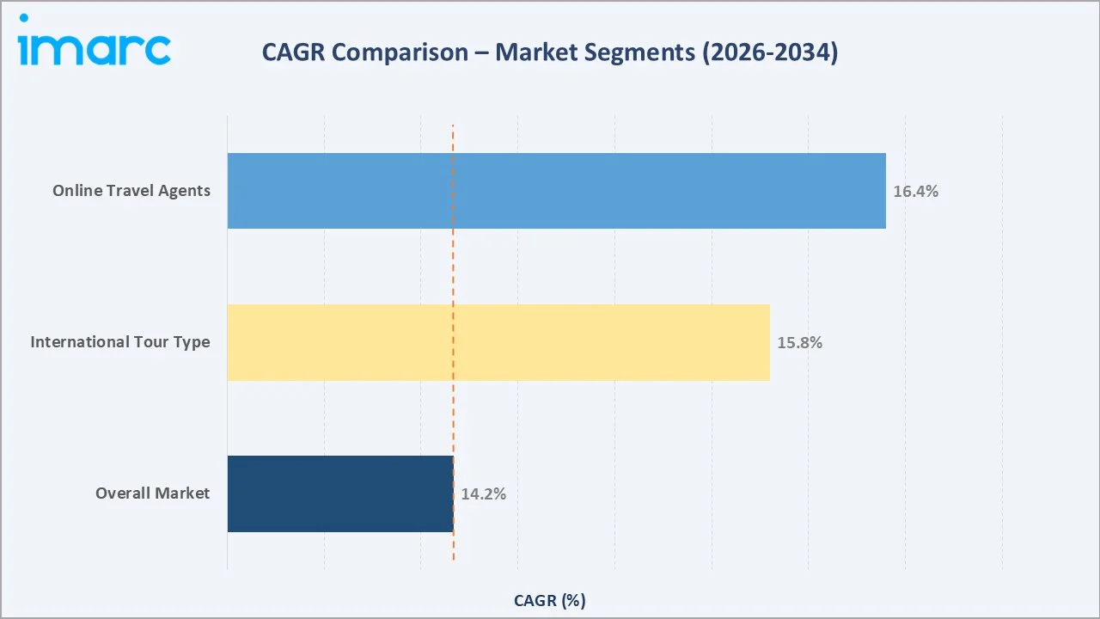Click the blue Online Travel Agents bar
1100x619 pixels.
click(x=556, y=191)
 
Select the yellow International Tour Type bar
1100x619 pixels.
click(x=498, y=342)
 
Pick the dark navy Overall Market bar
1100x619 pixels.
click(x=340, y=493)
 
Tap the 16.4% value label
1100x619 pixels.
click(x=915, y=192)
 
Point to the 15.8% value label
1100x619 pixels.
click(x=799, y=343)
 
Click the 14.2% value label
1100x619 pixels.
click(x=483, y=494)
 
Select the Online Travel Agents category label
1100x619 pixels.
click(x=131, y=191)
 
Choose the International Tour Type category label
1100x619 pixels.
click(x=120, y=342)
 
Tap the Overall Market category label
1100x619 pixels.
click(x=153, y=493)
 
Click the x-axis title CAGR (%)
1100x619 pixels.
click(x=549, y=600)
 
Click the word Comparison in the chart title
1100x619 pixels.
click(x=400, y=53)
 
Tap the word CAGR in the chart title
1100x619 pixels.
click(x=293, y=53)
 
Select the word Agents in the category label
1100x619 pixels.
click(x=185, y=191)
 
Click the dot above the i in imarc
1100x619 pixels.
click(x=23, y=18)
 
